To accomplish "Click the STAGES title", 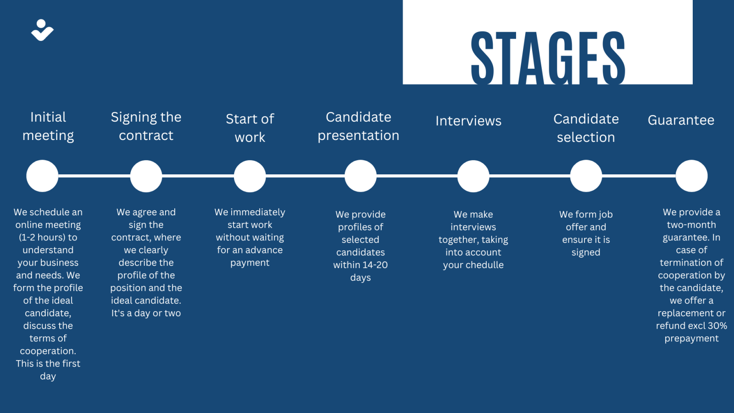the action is click(548, 58).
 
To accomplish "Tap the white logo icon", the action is click(42, 30).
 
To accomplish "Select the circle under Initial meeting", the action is click(42, 176).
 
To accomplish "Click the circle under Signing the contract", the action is click(146, 176).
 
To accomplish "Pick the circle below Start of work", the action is click(250, 176).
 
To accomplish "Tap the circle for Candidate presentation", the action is click(361, 176).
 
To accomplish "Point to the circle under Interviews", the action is click(473, 176).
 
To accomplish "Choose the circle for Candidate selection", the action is click(586, 176).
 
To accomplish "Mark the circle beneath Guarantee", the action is click(691, 176).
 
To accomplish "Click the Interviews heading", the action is click(468, 121).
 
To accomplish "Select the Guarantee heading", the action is click(681, 120).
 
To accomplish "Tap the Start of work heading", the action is click(250, 128).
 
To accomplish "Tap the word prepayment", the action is click(691, 339).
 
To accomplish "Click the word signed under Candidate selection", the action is click(586, 253).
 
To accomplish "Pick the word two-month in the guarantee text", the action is click(691, 225).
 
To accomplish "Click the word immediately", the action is click(257, 212).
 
